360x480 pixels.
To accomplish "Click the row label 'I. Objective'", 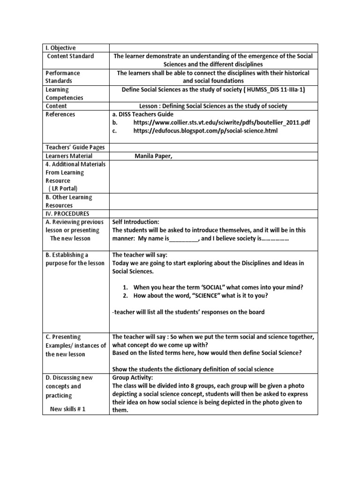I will point(60,48).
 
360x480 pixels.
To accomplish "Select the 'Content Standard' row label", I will point(70,56).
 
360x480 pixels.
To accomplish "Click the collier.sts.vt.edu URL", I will point(221,123).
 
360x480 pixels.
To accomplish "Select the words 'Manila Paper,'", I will point(154,156).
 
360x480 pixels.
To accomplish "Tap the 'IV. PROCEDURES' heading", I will point(67,214).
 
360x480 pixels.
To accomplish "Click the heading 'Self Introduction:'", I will point(136,222).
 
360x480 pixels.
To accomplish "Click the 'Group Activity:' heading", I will point(133,377).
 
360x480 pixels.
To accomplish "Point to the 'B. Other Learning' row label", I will point(69,197).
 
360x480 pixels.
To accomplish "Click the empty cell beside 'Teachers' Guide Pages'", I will point(213,147).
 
